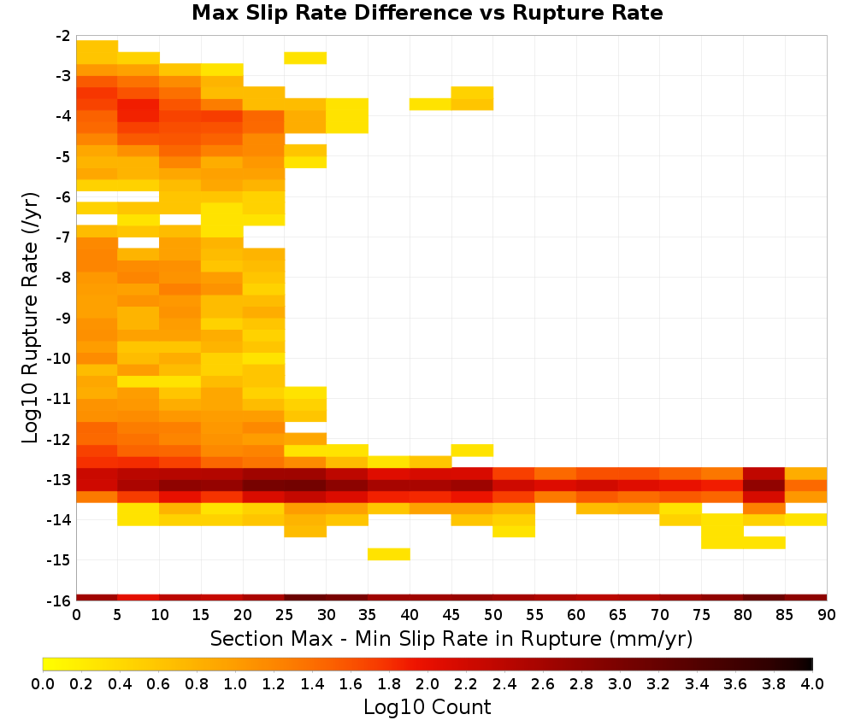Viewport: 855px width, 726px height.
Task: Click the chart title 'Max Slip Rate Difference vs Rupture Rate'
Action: (427, 13)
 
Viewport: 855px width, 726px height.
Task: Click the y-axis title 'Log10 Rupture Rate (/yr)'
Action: (30, 318)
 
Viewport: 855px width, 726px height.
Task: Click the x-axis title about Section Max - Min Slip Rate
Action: (451, 638)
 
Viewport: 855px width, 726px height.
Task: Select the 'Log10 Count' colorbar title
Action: (427, 707)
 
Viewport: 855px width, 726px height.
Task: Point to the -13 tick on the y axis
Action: (63, 480)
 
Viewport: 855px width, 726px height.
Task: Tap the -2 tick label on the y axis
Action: (63, 36)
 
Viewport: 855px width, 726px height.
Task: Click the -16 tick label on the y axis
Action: (63, 600)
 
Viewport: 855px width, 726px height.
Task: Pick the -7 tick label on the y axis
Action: (63, 237)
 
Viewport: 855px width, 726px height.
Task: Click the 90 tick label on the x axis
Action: (827, 615)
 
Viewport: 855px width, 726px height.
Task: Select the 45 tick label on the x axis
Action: (451, 615)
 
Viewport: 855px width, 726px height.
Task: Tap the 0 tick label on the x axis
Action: (76, 615)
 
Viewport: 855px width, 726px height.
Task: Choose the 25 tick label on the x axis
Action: (285, 615)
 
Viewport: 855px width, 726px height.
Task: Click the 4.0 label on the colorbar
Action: (812, 683)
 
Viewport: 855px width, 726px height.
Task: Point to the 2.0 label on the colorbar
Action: (427, 683)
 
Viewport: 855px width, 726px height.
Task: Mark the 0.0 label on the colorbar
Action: (43, 683)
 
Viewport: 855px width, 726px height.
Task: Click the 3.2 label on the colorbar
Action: (658, 683)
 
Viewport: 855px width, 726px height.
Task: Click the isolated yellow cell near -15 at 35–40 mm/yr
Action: (389, 553)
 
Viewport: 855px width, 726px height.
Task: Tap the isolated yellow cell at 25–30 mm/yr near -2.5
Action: (305, 58)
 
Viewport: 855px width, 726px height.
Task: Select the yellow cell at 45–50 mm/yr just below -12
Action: (472, 450)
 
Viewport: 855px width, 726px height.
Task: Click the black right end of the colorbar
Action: (810, 664)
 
